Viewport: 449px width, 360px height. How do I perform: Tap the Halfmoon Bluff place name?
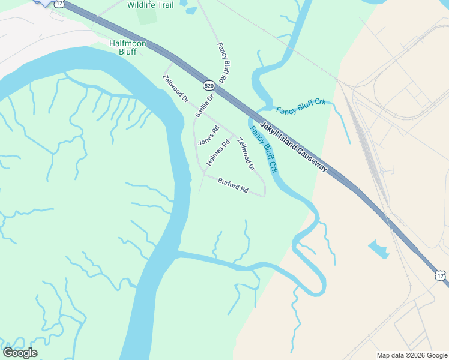(x=123, y=47)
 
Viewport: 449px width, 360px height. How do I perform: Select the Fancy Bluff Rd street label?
(x=221, y=62)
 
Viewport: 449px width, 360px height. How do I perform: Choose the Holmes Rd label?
(x=218, y=153)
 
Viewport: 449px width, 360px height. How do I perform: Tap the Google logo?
(x=20, y=353)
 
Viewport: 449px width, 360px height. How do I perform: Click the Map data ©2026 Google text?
(x=412, y=355)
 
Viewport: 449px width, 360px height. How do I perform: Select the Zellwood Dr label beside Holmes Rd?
(x=246, y=154)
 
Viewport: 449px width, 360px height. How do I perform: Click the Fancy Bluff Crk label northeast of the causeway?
(x=301, y=106)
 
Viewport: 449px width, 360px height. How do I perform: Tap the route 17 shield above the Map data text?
(x=441, y=275)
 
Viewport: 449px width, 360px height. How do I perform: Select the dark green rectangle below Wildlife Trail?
(x=146, y=16)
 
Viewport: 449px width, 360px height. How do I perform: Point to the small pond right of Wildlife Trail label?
(x=191, y=10)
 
